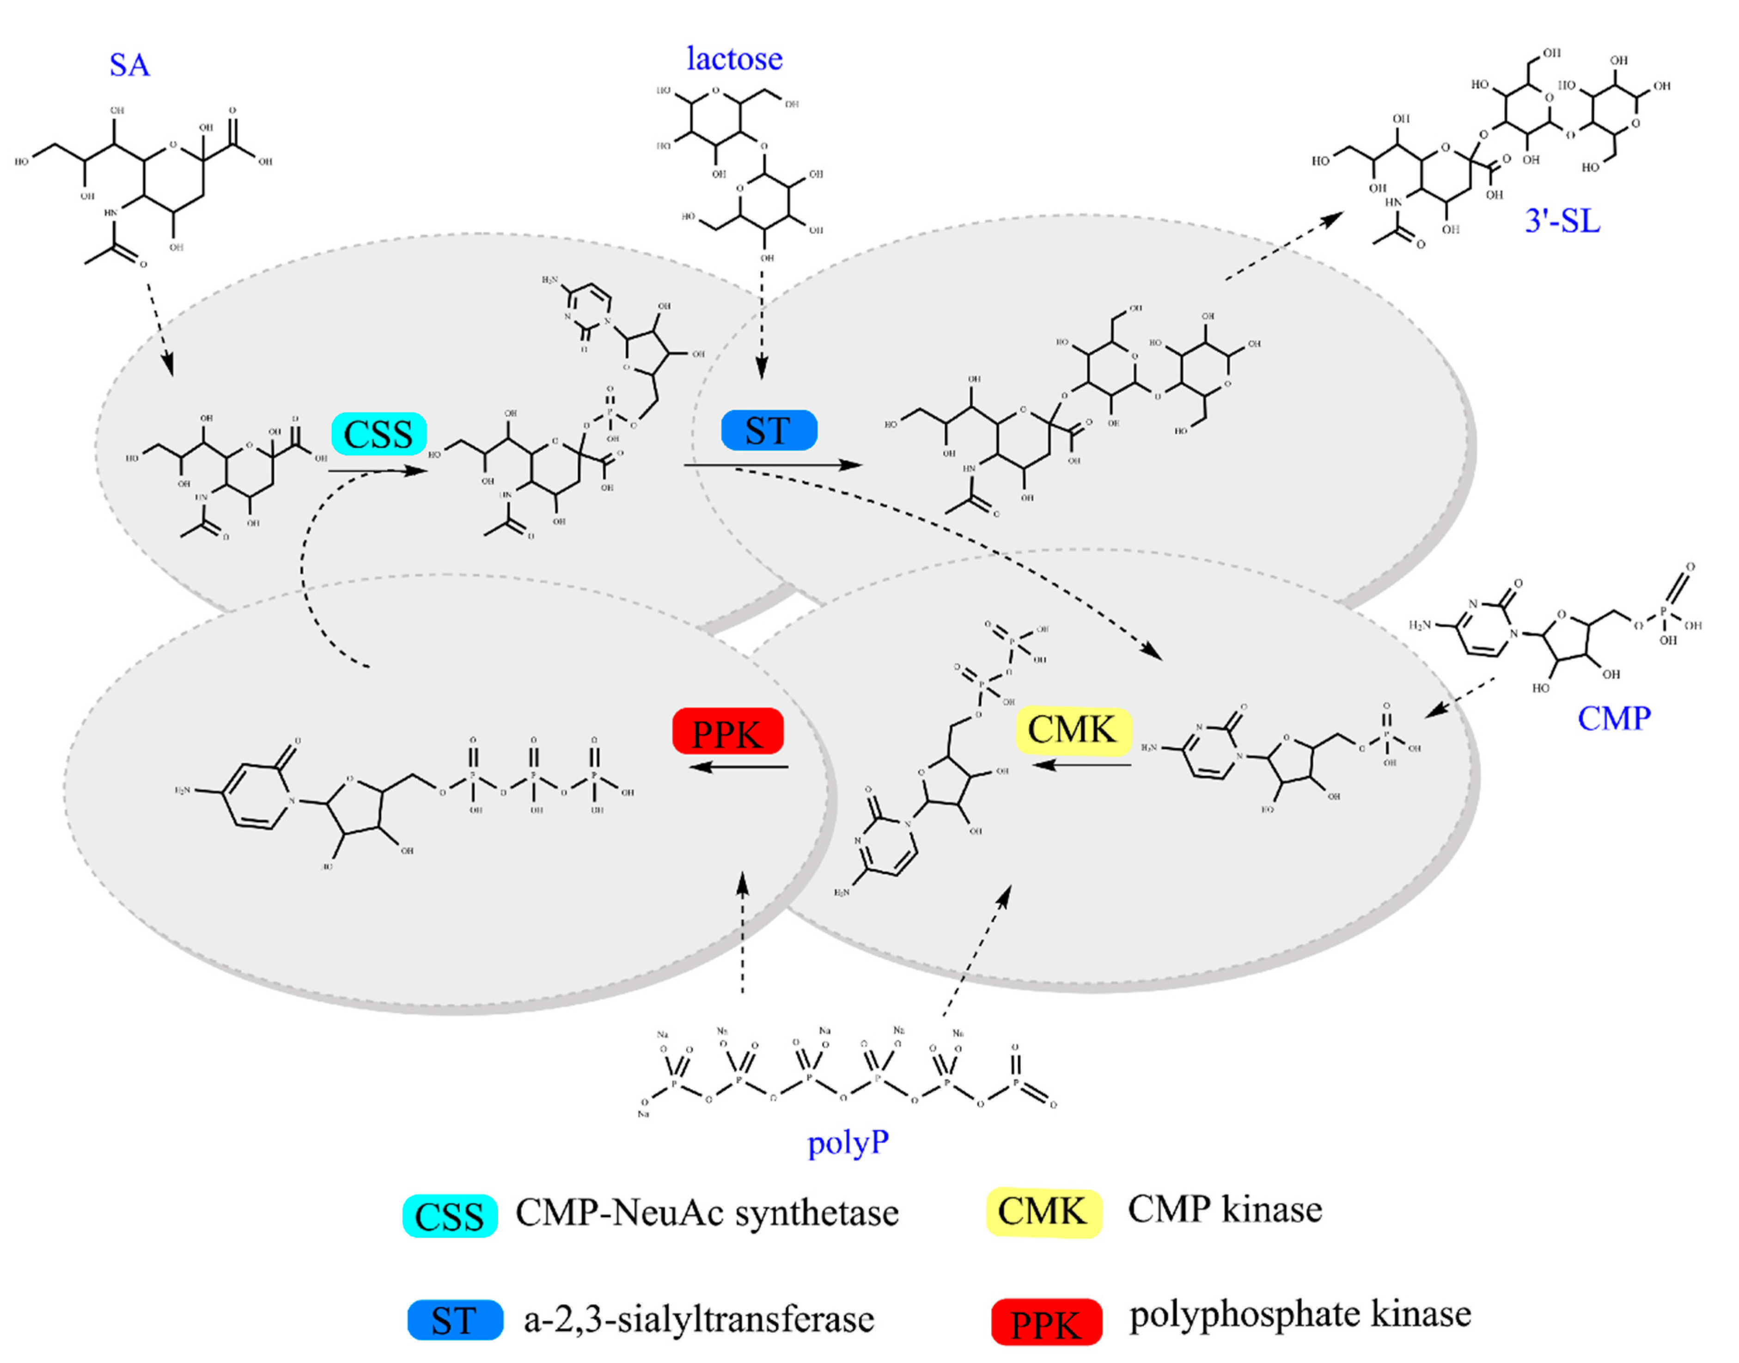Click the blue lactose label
pyautogui.click(x=734, y=59)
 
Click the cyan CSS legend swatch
pyautogui.click(x=449, y=1216)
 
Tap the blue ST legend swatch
pyautogui.click(x=455, y=1321)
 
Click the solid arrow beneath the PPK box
pyautogui.click(x=739, y=767)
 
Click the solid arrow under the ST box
pyautogui.click(x=774, y=465)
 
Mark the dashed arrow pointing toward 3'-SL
pyautogui.click(x=1284, y=245)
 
